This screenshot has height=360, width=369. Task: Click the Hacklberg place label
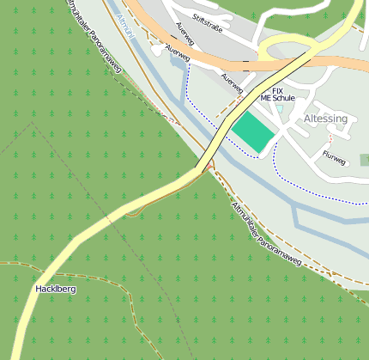click(x=56, y=290)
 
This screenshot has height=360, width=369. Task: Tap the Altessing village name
click(x=325, y=119)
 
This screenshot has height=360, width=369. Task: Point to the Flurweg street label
click(x=333, y=158)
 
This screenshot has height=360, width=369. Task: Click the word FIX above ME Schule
click(x=277, y=90)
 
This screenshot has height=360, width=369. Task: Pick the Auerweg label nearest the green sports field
click(x=233, y=83)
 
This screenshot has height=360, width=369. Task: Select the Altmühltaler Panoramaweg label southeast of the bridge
click(x=267, y=235)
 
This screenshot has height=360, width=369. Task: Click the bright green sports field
click(x=257, y=130)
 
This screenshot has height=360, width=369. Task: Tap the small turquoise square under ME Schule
click(x=279, y=109)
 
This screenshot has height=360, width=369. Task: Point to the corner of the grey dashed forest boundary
click(x=33, y=123)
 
